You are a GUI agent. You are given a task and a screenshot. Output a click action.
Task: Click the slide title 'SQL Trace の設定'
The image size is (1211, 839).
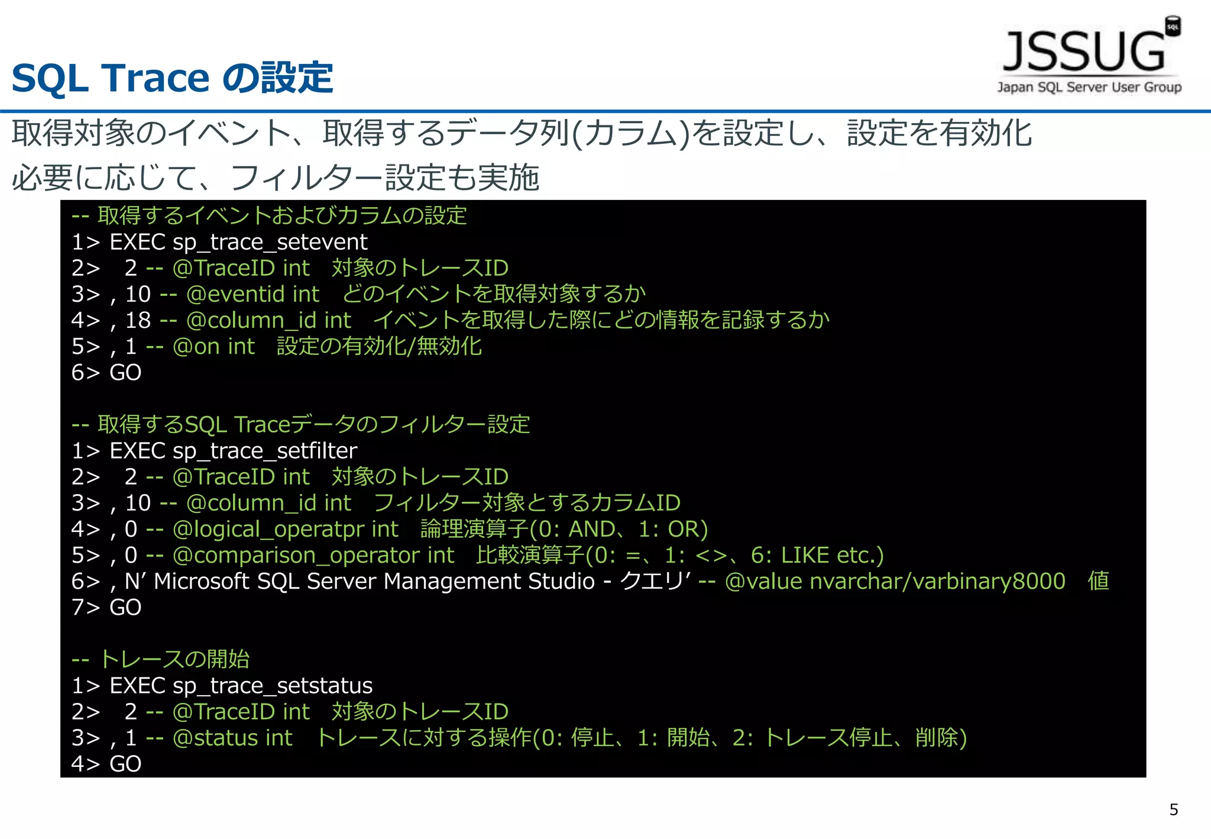172,78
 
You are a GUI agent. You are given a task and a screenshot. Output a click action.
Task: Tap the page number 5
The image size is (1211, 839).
1174,809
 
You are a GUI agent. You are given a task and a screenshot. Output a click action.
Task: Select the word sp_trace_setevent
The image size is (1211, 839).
270,242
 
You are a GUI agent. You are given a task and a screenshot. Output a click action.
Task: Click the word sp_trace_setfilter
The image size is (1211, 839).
264,451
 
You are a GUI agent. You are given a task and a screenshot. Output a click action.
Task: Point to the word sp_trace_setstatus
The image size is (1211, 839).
272,686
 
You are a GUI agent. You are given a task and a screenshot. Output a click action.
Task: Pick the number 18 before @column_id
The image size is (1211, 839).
138,320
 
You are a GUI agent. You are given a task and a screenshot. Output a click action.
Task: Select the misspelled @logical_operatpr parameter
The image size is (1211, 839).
269,529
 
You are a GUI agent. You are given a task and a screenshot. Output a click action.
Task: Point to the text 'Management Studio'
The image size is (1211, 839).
489,581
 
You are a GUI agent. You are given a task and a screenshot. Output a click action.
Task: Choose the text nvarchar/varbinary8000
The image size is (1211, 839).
937,581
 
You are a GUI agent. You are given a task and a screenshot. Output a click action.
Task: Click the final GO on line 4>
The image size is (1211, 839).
125,764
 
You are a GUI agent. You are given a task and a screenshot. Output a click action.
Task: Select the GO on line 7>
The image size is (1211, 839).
125,608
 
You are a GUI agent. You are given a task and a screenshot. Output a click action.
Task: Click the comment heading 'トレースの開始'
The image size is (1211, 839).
174,659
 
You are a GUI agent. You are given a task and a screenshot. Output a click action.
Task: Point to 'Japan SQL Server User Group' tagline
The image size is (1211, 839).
1089,88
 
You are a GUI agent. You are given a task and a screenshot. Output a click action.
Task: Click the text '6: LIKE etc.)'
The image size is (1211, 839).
817,555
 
